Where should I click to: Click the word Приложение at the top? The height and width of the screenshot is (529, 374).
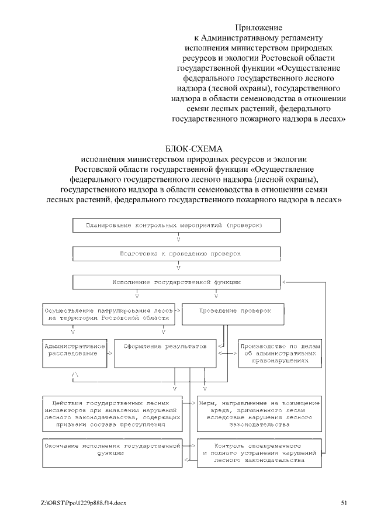click(259, 27)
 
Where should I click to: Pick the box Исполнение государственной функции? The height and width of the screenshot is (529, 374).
click(176, 282)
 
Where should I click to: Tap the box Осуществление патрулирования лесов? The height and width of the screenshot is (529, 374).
click(108, 314)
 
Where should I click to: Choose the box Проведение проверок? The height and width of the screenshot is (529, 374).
click(234, 314)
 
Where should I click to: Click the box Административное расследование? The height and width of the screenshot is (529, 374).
click(74, 352)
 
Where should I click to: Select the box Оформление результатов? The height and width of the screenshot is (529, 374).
click(165, 352)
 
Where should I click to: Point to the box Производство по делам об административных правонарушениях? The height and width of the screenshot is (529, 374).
click(281, 352)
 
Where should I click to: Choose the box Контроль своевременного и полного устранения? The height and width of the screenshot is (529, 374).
click(259, 451)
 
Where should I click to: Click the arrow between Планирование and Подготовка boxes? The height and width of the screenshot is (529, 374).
click(178, 240)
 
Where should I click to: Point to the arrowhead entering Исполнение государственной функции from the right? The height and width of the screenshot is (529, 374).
click(284, 282)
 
